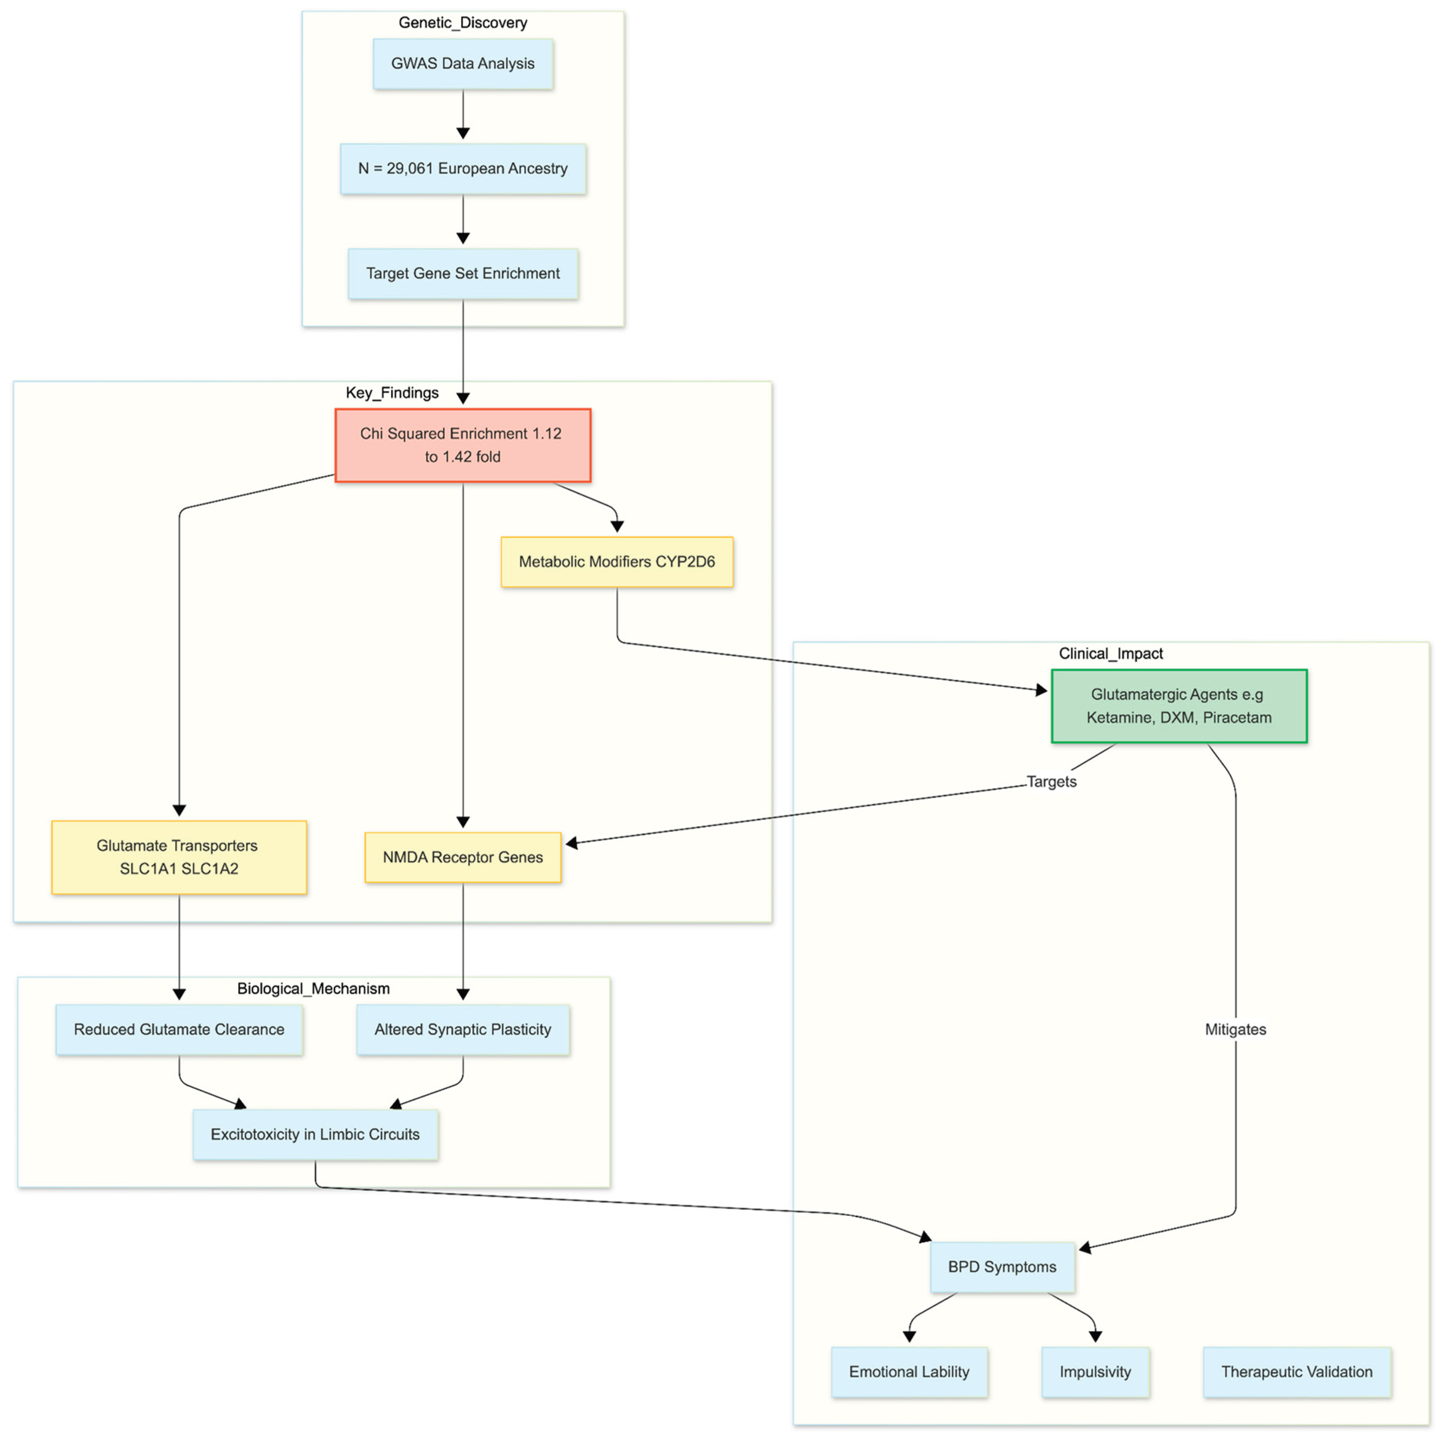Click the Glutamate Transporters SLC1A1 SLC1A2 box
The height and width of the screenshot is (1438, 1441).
point(179,857)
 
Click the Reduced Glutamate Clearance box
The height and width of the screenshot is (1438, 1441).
point(179,1029)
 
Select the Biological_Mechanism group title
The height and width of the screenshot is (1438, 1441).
point(313,988)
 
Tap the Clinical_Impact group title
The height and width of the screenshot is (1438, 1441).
point(1111,653)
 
